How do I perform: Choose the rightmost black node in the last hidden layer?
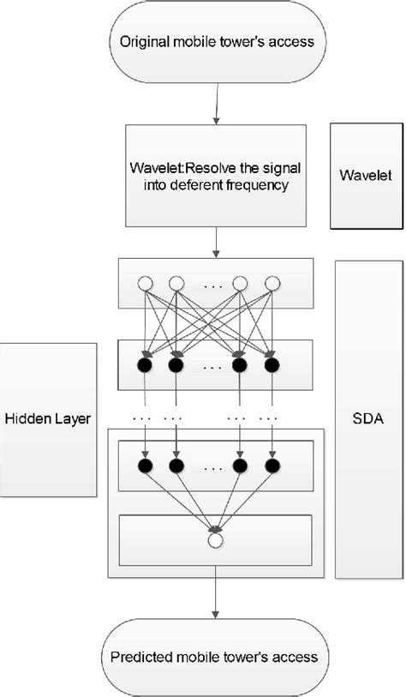(x=272, y=466)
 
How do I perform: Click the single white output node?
(x=215, y=542)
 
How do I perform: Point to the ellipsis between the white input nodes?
(x=208, y=282)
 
